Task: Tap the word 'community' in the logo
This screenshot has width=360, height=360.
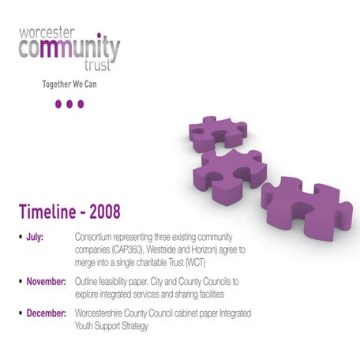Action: [x=69, y=51]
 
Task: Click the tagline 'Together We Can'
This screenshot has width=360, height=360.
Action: [x=69, y=84]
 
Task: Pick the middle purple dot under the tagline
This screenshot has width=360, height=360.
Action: [x=69, y=103]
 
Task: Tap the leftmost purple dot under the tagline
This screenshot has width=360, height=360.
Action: [x=58, y=103]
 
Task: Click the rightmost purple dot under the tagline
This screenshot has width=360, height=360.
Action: [x=81, y=103]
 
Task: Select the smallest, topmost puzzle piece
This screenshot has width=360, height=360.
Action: [x=218, y=133]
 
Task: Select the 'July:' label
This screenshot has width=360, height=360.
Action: [x=37, y=236]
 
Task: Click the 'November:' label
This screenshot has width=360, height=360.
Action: [x=47, y=281]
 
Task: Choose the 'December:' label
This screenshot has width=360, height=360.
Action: [x=47, y=313]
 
